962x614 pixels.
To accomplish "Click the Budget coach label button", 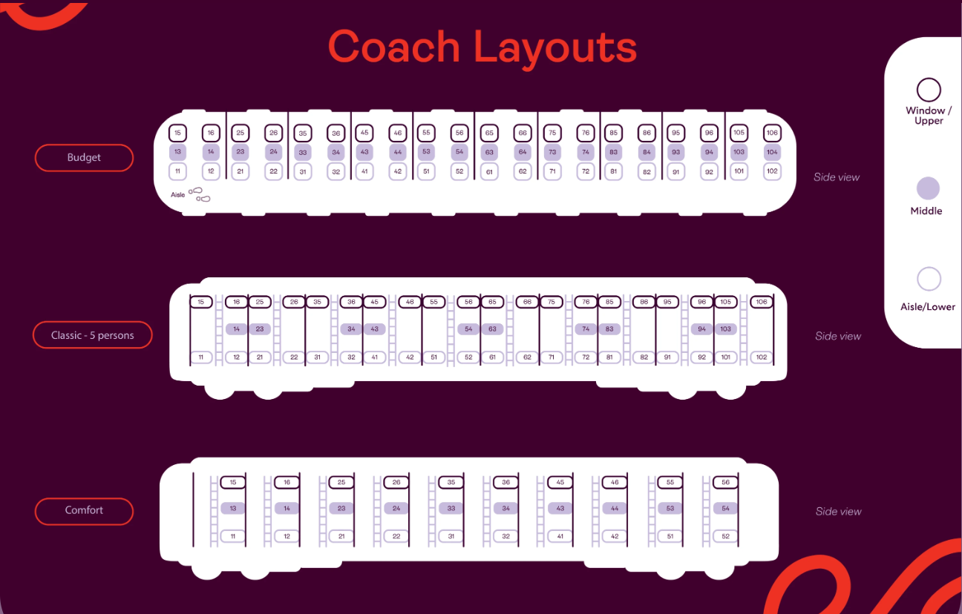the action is (x=84, y=158).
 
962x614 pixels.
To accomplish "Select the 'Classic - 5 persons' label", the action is (x=93, y=335).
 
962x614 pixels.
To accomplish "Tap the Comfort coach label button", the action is (x=84, y=511).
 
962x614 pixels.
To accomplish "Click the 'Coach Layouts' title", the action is (x=482, y=47).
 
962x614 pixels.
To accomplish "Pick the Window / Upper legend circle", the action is (x=929, y=90).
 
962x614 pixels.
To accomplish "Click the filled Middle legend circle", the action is (x=928, y=188).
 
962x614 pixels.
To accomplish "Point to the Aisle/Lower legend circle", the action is (x=929, y=280).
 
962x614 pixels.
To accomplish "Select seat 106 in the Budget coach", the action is (x=773, y=133).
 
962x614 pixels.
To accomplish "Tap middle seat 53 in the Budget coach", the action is (x=425, y=151).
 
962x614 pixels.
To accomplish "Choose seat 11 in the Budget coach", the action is (x=177, y=171).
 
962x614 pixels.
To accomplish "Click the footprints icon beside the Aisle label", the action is (x=200, y=195).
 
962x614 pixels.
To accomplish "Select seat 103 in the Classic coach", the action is (x=725, y=329).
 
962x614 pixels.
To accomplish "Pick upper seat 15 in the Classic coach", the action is (x=200, y=302).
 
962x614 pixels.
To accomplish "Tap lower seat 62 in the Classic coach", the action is (x=527, y=357).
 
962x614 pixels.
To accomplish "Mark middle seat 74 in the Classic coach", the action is (x=586, y=329).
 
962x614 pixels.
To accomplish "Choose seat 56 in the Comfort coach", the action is (x=725, y=482).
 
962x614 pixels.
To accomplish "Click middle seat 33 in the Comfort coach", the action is (x=451, y=509).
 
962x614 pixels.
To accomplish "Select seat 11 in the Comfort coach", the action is (x=233, y=536).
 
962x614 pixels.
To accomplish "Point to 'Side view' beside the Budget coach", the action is (x=837, y=177).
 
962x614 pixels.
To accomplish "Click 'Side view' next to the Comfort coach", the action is (x=838, y=512).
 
